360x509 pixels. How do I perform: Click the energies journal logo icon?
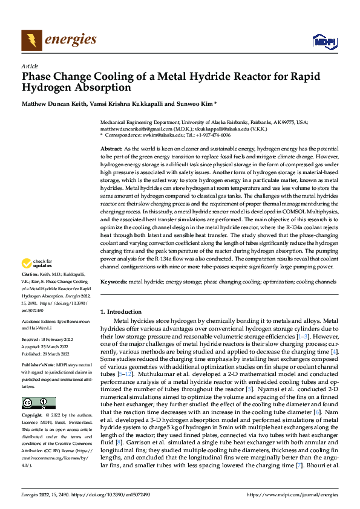point(31,39)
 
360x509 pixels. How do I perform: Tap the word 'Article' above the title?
point(30,66)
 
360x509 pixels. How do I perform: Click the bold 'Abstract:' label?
point(111,148)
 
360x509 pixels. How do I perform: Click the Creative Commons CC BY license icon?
point(38,403)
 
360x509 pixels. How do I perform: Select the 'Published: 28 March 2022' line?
point(47,354)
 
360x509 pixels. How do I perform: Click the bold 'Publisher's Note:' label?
point(39,366)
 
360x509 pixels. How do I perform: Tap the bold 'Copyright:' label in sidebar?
point(33,416)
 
